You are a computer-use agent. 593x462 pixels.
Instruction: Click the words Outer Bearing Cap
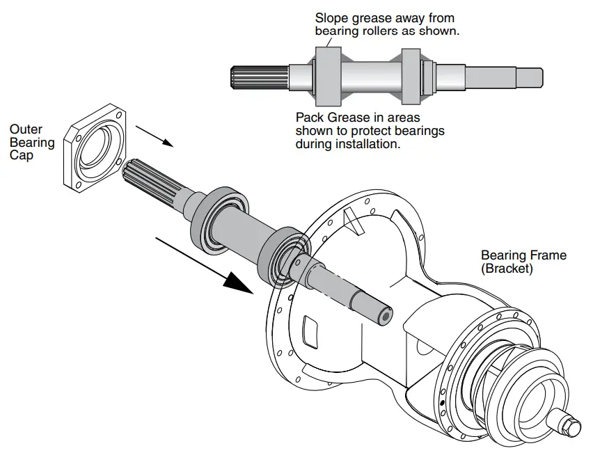pyautogui.click(x=31, y=142)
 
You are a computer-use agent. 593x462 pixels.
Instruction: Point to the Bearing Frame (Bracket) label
pyautogui.click(x=523, y=262)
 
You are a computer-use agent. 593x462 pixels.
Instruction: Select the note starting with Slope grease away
pyautogui.click(x=387, y=24)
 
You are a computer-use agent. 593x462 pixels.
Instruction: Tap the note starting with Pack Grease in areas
pyautogui.click(x=370, y=132)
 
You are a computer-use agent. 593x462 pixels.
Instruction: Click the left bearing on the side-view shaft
pyautogui.click(x=327, y=73)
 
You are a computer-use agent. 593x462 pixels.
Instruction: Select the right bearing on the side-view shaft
pyautogui.click(x=411, y=73)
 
